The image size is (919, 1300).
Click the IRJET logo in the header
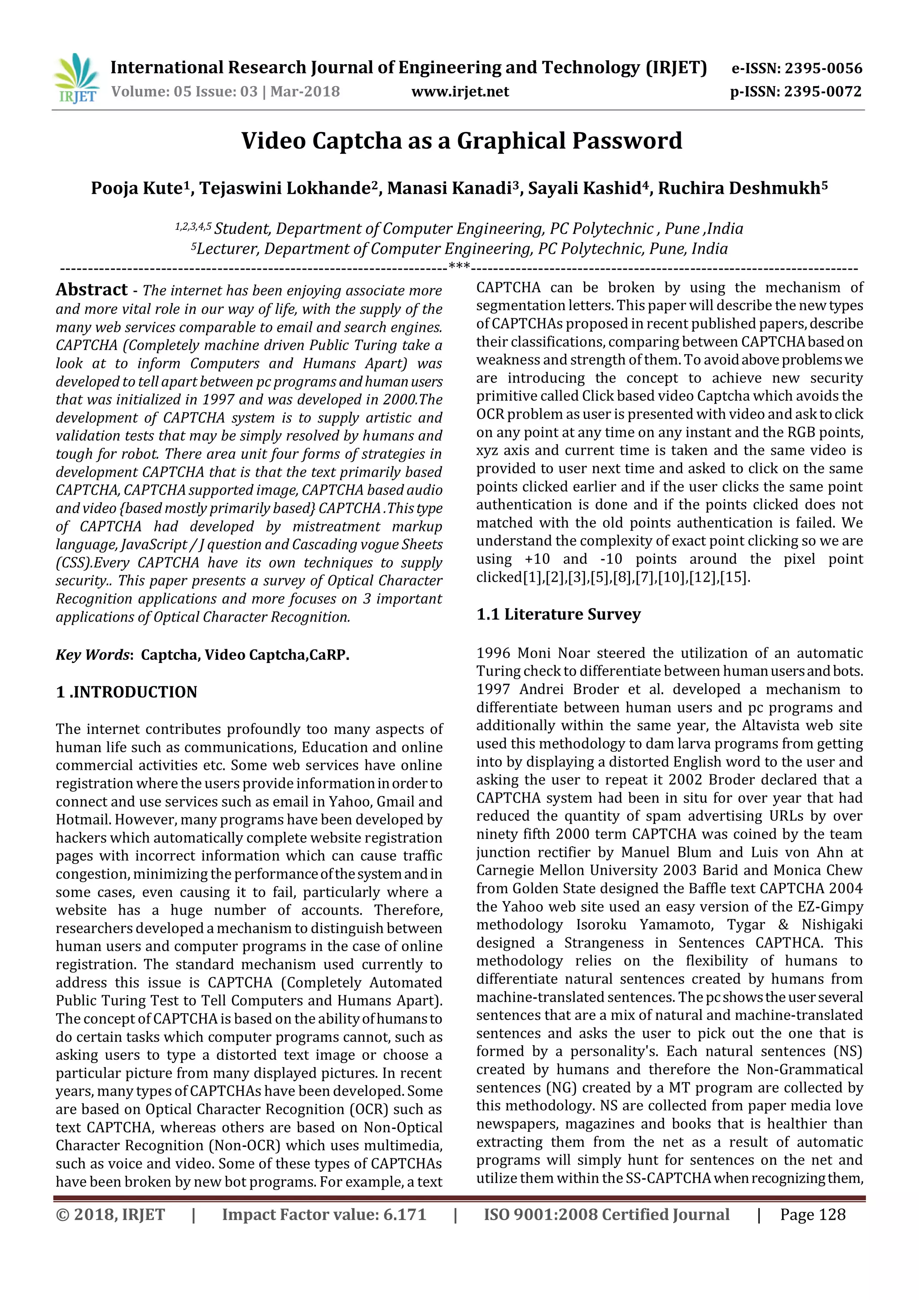[x=76, y=79]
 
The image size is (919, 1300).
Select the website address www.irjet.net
[x=459, y=92]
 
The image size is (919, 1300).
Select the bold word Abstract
[x=92, y=290]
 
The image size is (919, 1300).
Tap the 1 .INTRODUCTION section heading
[x=126, y=692]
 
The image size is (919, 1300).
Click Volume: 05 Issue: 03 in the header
[x=184, y=92]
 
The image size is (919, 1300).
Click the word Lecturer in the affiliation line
[x=228, y=249]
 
